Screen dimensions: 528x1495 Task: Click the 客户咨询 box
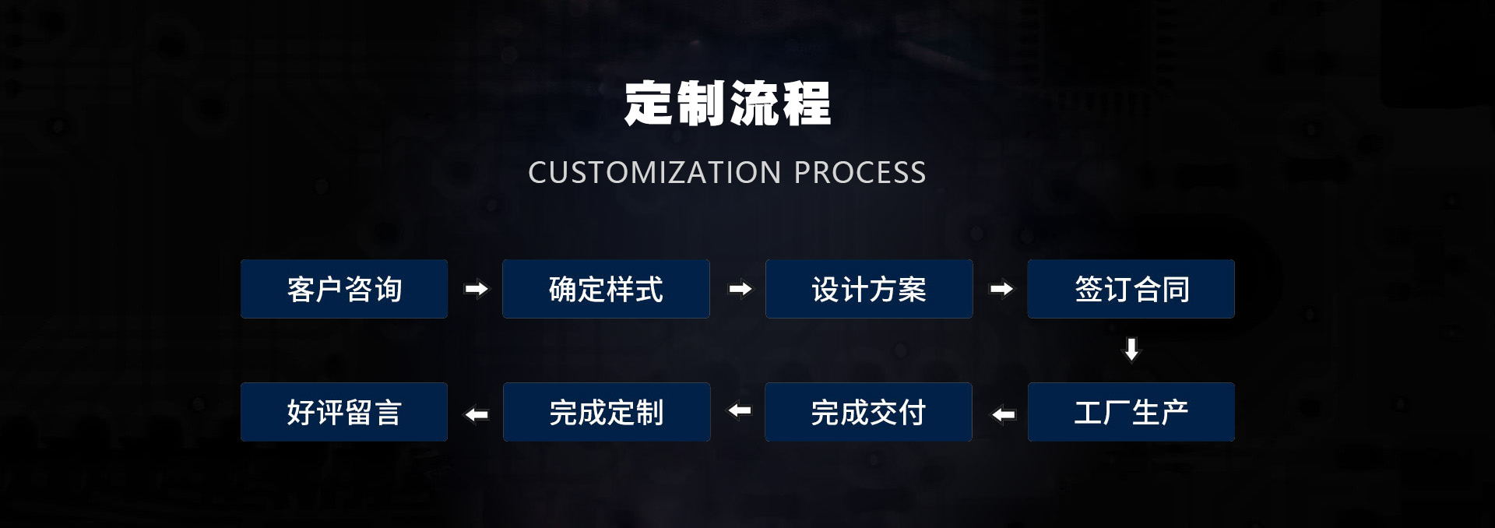(343, 289)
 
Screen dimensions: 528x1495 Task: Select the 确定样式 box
(606, 289)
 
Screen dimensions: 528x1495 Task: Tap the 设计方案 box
(869, 289)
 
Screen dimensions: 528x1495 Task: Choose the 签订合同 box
(1131, 289)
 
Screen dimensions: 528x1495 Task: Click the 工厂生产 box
(1131, 412)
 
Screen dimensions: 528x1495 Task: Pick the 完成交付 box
(868, 412)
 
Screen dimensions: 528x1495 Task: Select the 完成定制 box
(606, 412)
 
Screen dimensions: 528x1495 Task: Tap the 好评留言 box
(343, 412)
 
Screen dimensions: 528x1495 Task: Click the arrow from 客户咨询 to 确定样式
(476, 289)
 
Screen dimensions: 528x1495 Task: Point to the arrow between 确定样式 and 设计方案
(740, 289)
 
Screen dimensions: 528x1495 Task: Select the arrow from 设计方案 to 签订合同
(1001, 289)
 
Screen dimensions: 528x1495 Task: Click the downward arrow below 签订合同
(1131, 350)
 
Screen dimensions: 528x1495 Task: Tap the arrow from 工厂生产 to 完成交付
(1003, 414)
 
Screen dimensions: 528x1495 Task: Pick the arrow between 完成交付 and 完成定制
(739, 410)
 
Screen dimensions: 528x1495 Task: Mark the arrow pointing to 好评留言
(476, 414)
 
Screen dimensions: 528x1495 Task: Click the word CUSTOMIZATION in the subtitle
(654, 172)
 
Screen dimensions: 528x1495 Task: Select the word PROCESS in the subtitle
(860, 172)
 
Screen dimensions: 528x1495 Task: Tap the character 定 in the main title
(649, 104)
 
